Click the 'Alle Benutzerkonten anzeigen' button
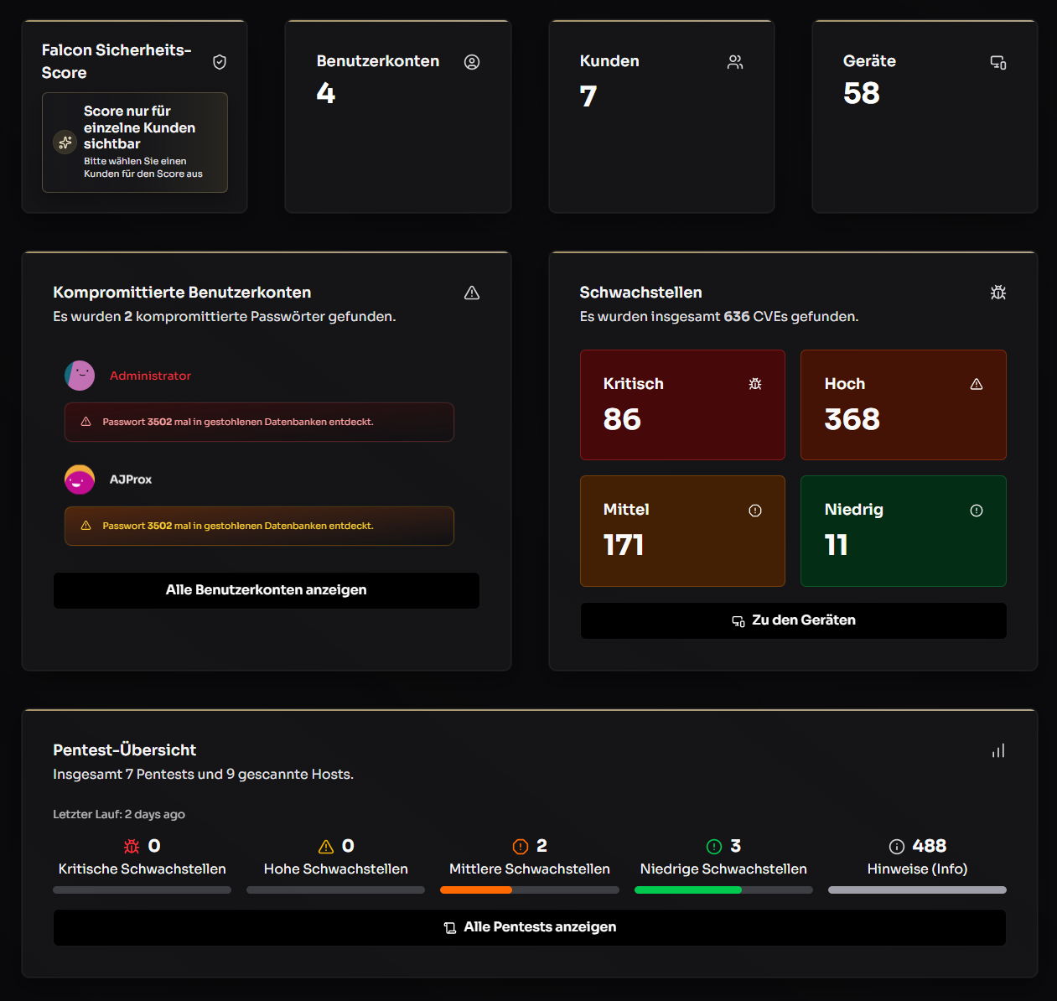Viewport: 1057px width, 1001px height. coord(266,590)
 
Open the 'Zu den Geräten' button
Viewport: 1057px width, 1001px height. coord(793,620)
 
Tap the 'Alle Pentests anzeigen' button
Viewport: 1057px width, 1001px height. coord(530,927)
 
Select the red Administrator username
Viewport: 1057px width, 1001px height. coord(151,376)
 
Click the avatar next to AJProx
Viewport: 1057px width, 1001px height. coord(80,480)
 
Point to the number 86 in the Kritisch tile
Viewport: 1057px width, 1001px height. coord(622,419)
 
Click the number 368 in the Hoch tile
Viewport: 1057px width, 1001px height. coord(852,419)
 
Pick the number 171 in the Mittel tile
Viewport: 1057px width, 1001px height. coord(623,545)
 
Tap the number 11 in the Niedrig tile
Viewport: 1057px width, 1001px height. coord(836,545)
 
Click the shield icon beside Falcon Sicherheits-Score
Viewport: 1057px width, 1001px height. coord(220,62)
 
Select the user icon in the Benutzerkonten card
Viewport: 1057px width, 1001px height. coord(472,62)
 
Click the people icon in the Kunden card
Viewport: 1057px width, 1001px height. coord(735,62)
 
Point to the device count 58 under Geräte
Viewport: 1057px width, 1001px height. coord(862,93)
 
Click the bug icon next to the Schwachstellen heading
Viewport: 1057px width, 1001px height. coord(998,292)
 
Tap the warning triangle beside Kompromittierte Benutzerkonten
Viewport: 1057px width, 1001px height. coord(472,293)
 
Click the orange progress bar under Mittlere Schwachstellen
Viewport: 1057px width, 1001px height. coord(476,890)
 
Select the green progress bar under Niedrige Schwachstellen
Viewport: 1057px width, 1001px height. coord(688,890)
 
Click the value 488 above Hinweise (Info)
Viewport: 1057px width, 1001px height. coord(929,846)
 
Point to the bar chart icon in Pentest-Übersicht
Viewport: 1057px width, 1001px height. coord(998,751)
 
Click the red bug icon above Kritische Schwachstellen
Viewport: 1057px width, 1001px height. coord(132,847)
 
